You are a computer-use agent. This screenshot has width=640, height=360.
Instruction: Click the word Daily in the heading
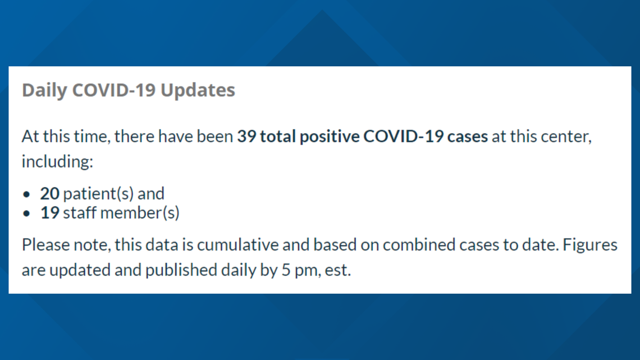[x=44, y=90]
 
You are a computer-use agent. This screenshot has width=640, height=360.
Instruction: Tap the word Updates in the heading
[x=198, y=90]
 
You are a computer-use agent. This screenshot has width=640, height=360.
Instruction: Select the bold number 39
[x=246, y=136]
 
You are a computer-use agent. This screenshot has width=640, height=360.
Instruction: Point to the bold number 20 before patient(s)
[x=50, y=193]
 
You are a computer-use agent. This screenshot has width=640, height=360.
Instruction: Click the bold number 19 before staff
[x=50, y=213]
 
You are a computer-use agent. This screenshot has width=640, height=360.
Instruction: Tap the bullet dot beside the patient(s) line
[x=27, y=194]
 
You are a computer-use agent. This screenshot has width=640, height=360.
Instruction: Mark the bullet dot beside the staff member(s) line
[x=27, y=213]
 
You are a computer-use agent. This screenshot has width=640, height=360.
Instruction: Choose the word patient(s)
[x=98, y=194]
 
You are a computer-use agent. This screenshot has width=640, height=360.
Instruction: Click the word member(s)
[x=140, y=213]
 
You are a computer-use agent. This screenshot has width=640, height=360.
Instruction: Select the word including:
[x=58, y=162]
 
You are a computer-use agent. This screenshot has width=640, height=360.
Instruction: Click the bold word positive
[x=330, y=136]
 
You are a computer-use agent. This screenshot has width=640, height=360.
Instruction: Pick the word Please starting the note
[x=45, y=245]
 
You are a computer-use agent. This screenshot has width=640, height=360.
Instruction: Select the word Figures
[x=590, y=245]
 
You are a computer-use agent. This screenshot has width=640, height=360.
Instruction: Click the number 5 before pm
[x=286, y=270]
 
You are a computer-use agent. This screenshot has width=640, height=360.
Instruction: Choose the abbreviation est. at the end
[x=337, y=271]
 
